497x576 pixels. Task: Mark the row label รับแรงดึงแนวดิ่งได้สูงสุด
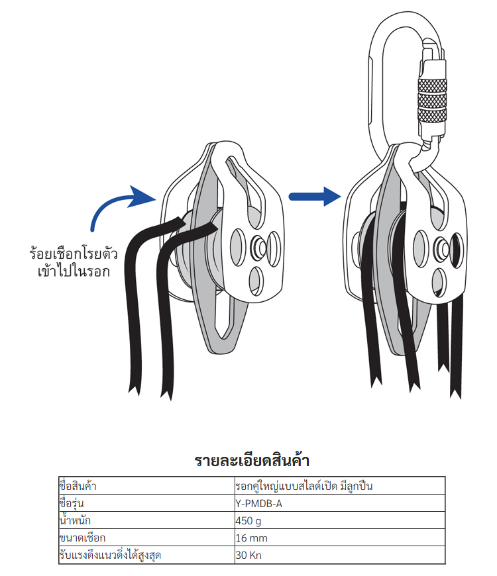click(x=110, y=555)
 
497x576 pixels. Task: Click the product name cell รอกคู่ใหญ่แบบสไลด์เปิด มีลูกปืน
click(x=304, y=487)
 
